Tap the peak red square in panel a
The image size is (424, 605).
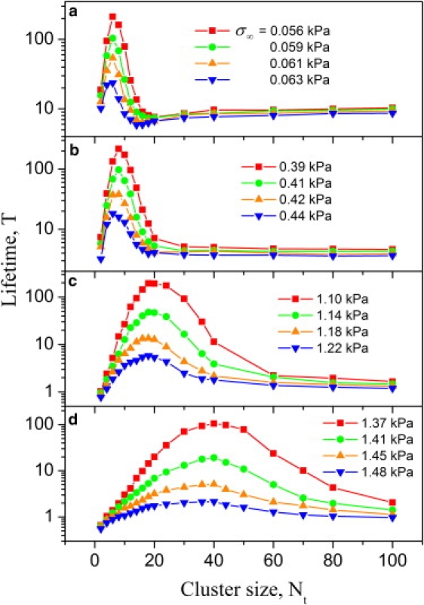(112, 16)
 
